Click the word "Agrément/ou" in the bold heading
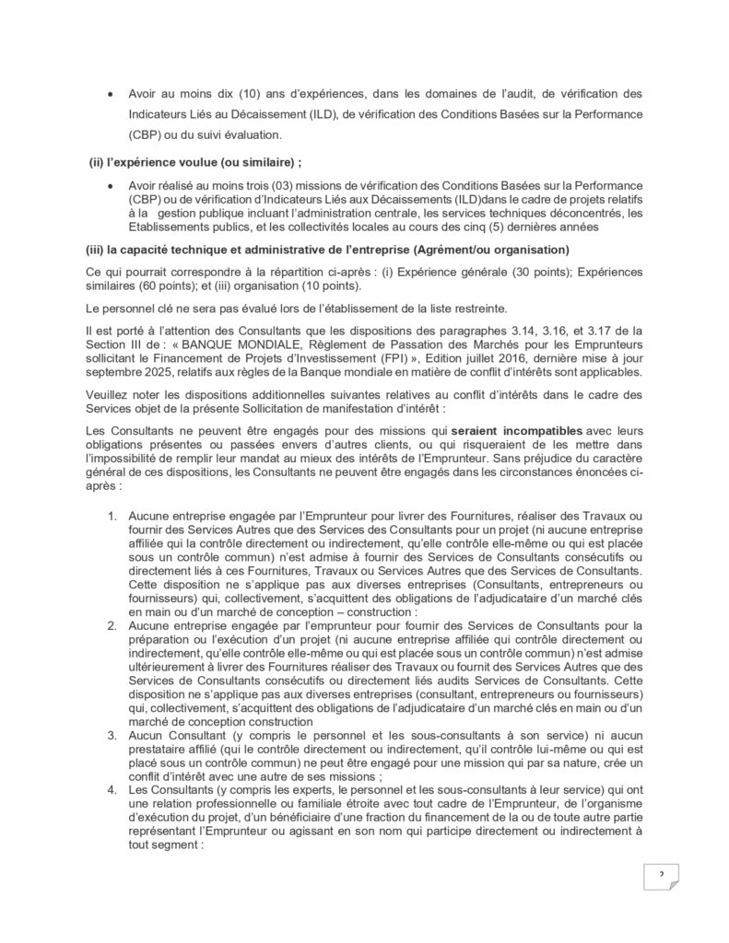(x=485, y=249)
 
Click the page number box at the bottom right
(x=661, y=874)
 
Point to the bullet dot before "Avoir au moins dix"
(x=112, y=95)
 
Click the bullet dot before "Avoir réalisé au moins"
(x=112, y=187)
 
